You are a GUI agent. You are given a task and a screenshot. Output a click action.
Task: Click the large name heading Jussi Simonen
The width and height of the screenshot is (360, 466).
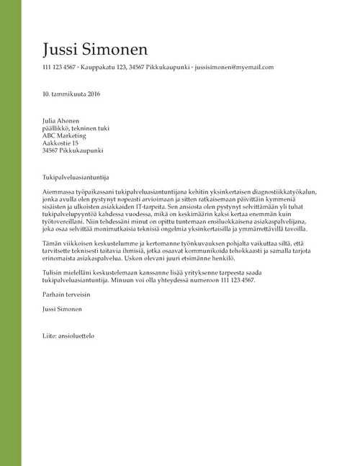(95, 49)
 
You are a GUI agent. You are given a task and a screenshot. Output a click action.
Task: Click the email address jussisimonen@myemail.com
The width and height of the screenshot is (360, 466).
(235, 67)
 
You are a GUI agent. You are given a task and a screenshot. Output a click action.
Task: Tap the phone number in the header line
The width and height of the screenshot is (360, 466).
(59, 67)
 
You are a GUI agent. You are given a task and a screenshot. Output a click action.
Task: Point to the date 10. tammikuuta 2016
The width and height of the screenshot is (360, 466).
(71, 94)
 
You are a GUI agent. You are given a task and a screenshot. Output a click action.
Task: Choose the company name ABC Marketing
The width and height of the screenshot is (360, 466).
(65, 135)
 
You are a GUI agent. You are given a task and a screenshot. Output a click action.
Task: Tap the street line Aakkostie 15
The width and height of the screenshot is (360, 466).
(60, 143)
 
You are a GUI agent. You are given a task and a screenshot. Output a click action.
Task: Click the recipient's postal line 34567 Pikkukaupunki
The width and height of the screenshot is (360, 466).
(73, 151)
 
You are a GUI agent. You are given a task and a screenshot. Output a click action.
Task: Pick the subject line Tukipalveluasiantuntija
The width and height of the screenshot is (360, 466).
(76, 176)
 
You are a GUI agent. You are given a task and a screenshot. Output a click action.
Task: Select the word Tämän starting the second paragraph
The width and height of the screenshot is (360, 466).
(53, 244)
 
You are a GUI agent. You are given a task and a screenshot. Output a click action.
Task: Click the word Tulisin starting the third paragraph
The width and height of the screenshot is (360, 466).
(53, 274)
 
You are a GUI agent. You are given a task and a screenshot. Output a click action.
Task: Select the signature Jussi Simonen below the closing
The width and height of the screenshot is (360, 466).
(62, 309)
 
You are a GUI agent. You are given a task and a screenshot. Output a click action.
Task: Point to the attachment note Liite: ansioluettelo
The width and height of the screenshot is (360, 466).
(68, 336)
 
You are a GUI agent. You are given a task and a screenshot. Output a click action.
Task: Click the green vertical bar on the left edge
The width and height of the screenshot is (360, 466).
(10, 233)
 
